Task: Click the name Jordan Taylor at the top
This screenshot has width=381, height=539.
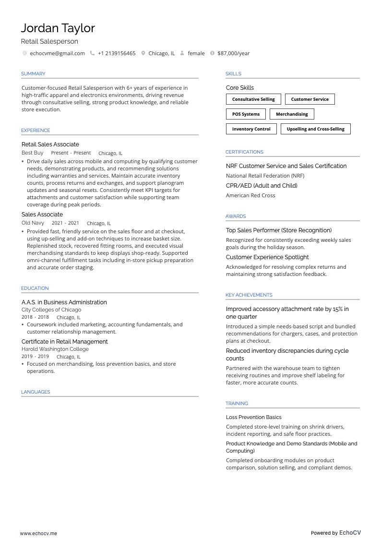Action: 58,28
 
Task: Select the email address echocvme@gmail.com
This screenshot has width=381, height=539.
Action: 57,53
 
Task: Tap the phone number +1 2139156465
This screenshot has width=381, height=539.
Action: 116,53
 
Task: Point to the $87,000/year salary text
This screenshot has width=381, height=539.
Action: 233,53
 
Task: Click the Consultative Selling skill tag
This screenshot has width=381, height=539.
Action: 253,99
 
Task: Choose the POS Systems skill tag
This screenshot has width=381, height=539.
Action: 246,114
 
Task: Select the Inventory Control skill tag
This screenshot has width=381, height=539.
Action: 251,129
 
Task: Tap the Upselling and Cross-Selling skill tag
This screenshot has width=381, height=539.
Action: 315,129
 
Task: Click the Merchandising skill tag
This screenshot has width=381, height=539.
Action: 292,114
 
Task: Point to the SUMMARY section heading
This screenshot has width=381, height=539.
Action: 33,74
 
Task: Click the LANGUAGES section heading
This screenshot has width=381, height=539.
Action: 36,392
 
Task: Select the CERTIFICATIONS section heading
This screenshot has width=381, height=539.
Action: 244,152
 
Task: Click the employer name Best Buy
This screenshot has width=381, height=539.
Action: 32,153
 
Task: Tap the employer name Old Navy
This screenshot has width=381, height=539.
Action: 33,223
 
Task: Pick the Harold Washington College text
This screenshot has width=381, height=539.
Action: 55,349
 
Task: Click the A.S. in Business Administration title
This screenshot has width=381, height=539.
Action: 64,302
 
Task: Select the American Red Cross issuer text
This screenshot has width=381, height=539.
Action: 250,195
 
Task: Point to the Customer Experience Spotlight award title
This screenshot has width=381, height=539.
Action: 267,257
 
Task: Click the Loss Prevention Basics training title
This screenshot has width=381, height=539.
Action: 253,417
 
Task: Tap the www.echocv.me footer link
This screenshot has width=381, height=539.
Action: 38,533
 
